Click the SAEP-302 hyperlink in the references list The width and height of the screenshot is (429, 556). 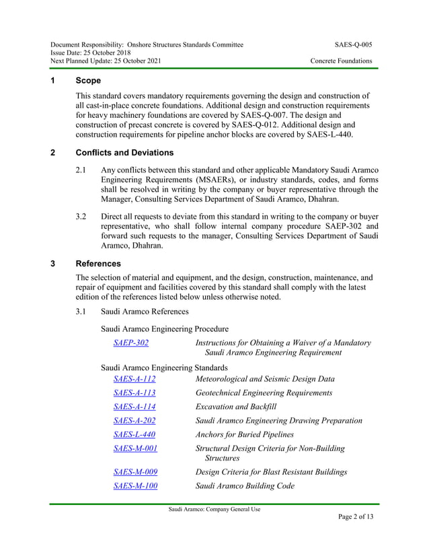(x=131, y=343)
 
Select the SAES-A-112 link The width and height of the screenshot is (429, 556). (x=134, y=379)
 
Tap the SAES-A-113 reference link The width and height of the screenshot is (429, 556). (x=134, y=392)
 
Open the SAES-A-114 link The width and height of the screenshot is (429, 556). (x=134, y=407)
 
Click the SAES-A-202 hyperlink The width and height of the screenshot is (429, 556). (x=134, y=421)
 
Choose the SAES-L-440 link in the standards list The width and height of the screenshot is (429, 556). (x=134, y=435)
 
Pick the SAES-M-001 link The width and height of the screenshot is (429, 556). (x=135, y=448)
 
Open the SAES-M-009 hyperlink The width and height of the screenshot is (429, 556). (x=135, y=472)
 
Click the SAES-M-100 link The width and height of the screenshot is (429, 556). (x=135, y=485)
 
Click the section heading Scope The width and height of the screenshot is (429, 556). (x=88, y=80)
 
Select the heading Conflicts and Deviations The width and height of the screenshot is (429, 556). (x=124, y=152)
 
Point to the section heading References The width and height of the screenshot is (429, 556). (x=98, y=264)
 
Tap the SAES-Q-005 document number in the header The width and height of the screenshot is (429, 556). (x=353, y=44)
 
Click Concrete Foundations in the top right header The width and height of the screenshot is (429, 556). (x=341, y=61)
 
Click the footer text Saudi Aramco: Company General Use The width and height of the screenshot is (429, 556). (x=214, y=509)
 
